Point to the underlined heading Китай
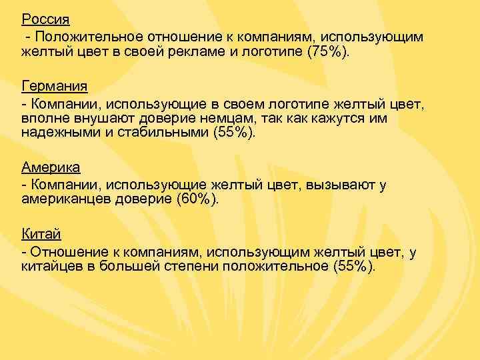(41, 235)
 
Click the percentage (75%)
(327, 51)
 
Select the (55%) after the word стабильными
(234, 133)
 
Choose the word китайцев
(49, 266)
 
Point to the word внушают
(97, 118)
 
